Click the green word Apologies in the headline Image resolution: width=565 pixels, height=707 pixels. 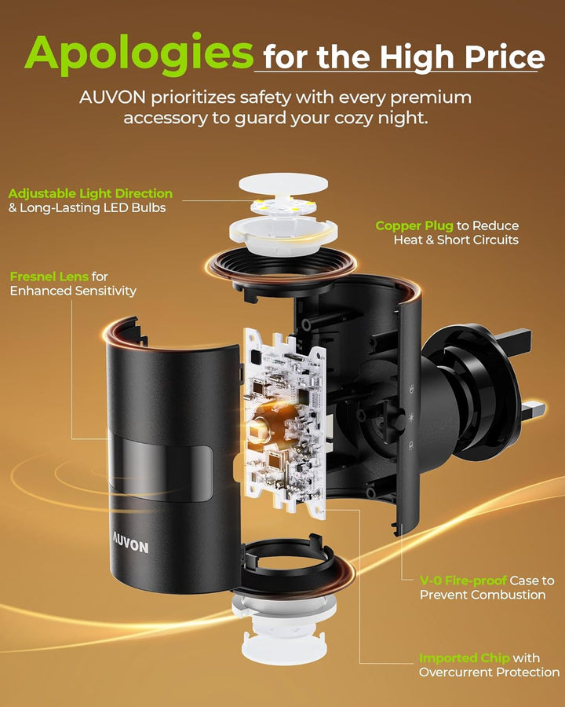[x=139, y=53]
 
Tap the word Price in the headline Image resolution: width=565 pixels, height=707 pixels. [x=505, y=57]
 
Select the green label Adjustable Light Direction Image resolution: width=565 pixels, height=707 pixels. [x=90, y=193]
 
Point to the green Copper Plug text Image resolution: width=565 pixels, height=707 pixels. [x=414, y=226]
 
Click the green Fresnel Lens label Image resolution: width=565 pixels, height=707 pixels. [x=49, y=277]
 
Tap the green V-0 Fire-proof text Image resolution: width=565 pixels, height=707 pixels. [x=463, y=581]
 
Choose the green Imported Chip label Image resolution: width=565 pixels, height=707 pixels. [x=464, y=658]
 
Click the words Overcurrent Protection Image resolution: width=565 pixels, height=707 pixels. [x=490, y=672]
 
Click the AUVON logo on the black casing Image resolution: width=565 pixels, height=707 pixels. [x=130, y=544]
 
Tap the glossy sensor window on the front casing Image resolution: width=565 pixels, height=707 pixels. [x=162, y=468]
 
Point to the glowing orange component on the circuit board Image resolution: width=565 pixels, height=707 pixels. [x=269, y=423]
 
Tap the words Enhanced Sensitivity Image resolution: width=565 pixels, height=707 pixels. [x=73, y=291]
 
